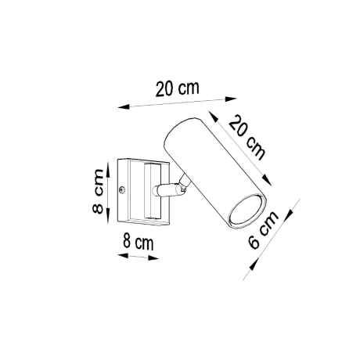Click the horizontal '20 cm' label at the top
[175, 88]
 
